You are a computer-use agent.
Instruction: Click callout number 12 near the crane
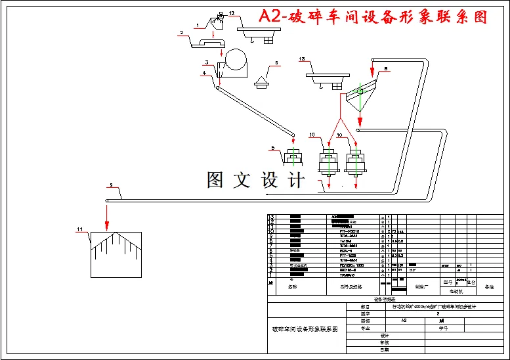231,13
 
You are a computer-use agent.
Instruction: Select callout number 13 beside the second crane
302,60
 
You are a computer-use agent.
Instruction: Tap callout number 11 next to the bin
80,229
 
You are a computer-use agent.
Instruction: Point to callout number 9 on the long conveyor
112,185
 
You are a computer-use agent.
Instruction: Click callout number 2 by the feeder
181,32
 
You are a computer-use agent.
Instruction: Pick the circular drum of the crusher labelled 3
236,64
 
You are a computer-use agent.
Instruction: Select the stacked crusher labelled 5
293,158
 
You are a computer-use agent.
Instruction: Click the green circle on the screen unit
358,91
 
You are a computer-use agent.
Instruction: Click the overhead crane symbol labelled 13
327,78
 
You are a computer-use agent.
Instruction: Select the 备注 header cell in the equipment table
489,287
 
